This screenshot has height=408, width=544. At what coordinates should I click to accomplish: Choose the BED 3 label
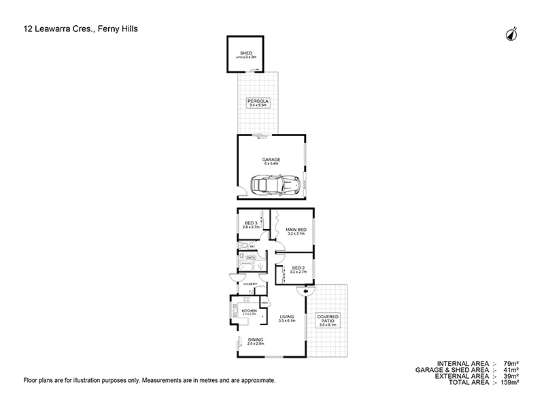[252, 224]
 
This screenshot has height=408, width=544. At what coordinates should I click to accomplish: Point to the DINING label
[255, 341]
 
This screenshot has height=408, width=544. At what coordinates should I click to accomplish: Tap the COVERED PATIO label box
[328, 320]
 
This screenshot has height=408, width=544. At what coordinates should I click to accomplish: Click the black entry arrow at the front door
[305, 292]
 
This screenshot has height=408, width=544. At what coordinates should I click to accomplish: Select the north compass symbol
[511, 34]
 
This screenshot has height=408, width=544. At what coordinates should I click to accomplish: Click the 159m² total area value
[511, 383]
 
